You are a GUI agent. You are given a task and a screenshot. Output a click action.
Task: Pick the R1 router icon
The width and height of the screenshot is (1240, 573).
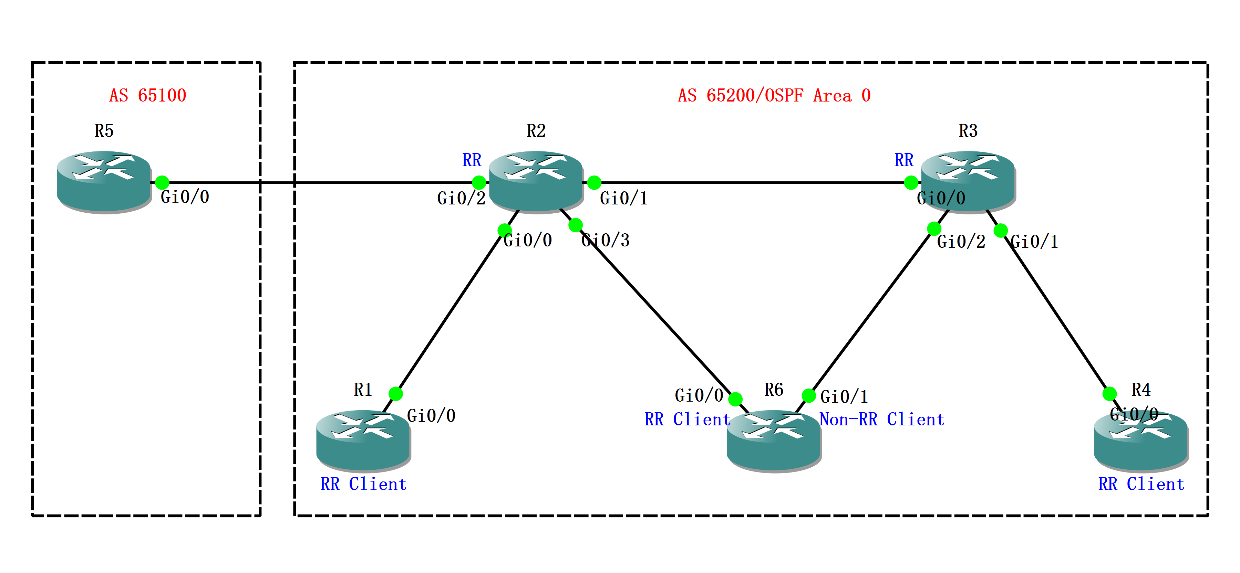point(363,440)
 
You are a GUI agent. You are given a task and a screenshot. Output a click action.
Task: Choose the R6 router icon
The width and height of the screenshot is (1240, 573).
point(774,440)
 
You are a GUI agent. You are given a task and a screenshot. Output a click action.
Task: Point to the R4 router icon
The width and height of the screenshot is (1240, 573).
point(1141,440)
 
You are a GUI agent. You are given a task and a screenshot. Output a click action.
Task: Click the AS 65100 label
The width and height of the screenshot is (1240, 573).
point(147,95)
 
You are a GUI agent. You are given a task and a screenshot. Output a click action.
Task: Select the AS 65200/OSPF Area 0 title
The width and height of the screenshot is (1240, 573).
point(774,95)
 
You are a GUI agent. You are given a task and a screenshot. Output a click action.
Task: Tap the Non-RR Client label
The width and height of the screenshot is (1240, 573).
point(882,420)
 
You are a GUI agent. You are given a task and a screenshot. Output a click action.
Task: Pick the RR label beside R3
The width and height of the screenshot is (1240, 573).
point(903,160)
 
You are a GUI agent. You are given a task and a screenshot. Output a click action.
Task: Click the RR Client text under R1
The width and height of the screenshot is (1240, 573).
point(363,484)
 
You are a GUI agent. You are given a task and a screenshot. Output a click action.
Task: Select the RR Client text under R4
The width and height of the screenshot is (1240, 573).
point(1141,484)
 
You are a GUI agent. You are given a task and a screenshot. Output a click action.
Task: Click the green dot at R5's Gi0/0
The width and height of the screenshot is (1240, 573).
point(162,183)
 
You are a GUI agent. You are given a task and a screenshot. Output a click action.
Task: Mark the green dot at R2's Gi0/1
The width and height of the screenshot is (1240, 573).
point(595,183)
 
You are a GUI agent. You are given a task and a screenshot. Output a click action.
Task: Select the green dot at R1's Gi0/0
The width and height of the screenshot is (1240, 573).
point(396,394)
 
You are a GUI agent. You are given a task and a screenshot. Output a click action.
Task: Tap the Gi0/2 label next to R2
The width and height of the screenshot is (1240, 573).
point(461,198)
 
